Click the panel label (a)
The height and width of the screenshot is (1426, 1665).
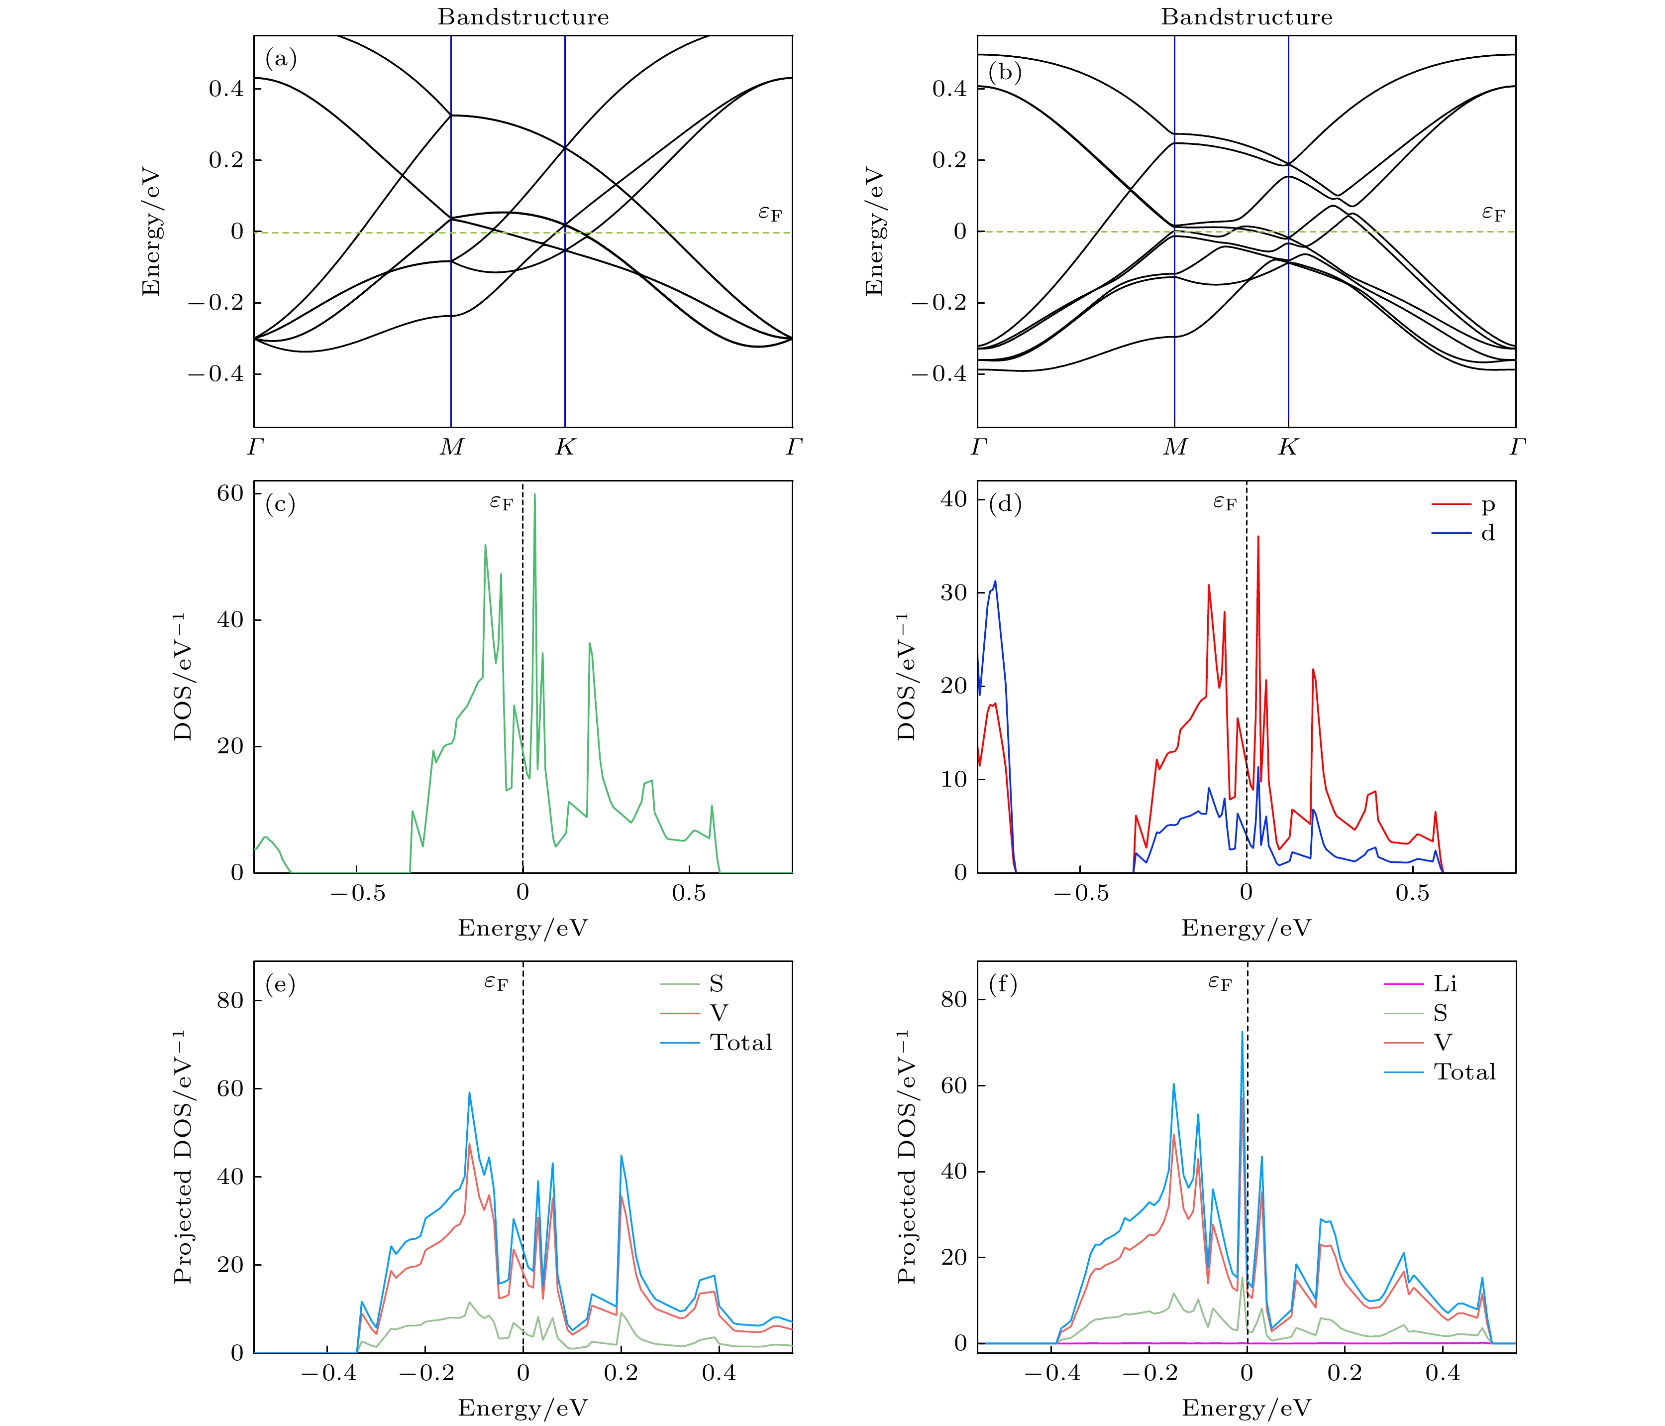click(281, 59)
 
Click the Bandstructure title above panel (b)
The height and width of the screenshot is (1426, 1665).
click(1247, 17)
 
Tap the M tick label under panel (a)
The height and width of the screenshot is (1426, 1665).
click(451, 447)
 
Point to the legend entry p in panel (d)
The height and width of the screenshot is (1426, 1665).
click(1487, 505)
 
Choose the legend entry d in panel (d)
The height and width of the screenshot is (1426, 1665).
click(1487, 533)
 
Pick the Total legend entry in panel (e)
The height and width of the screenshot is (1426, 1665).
click(740, 1043)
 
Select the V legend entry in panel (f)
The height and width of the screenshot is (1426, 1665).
click(1443, 1043)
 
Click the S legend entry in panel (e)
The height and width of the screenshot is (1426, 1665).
click(715, 984)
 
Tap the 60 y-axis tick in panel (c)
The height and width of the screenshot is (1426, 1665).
click(230, 493)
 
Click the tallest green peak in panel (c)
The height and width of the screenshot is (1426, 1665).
click(534, 495)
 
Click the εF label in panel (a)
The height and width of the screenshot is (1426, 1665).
click(770, 213)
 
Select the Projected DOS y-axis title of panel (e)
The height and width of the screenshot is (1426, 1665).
click(183, 1156)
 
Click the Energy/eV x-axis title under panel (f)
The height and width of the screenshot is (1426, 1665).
click(1247, 1408)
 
